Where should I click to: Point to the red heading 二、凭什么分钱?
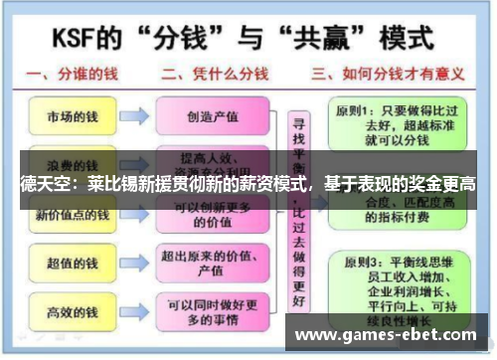(213, 75)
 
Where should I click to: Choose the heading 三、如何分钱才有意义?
(388, 75)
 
